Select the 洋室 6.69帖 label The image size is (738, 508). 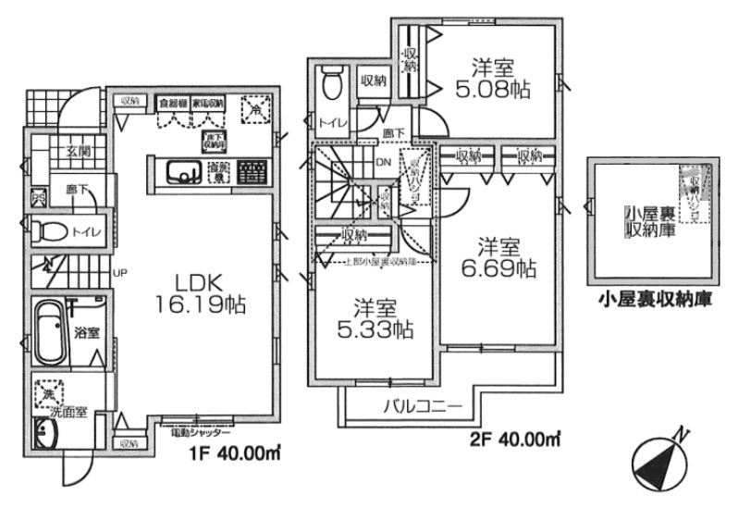(x=498, y=258)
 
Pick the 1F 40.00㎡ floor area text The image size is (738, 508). (x=237, y=452)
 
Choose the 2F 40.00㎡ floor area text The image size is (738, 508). (x=515, y=437)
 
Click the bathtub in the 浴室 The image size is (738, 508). (x=52, y=331)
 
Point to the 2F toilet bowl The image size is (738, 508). (x=332, y=86)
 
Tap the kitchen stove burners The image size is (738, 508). (x=251, y=171)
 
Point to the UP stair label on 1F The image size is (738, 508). (x=119, y=273)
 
